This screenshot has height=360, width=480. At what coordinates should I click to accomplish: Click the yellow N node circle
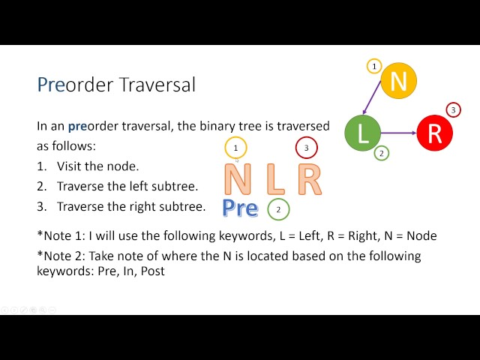[398, 81]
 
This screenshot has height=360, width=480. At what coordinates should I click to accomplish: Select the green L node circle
[363, 133]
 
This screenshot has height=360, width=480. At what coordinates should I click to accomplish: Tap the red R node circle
[435, 133]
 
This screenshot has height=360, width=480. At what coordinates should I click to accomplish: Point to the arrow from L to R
[399, 133]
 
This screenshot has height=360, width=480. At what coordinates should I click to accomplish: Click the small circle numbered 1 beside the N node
[374, 66]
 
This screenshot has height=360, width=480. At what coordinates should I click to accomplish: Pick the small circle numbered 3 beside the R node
[453, 109]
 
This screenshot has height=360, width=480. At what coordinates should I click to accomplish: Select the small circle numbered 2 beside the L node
[382, 153]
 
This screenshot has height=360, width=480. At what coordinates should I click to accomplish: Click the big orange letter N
[238, 179]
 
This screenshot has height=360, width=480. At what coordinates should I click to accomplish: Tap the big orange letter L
[276, 179]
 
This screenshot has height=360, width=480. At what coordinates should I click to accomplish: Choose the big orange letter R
[310, 179]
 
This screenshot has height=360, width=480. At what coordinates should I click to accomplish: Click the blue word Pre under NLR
[240, 208]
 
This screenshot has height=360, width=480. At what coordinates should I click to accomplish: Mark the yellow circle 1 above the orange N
[235, 148]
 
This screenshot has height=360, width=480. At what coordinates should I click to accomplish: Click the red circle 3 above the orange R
[307, 148]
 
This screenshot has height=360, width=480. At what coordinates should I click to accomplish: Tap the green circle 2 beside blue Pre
[278, 209]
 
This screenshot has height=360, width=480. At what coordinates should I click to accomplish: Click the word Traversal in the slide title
[157, 85]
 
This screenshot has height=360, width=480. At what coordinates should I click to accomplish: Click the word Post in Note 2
[153, 271]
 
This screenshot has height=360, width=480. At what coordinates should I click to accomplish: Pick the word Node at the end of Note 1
[421, 235]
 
